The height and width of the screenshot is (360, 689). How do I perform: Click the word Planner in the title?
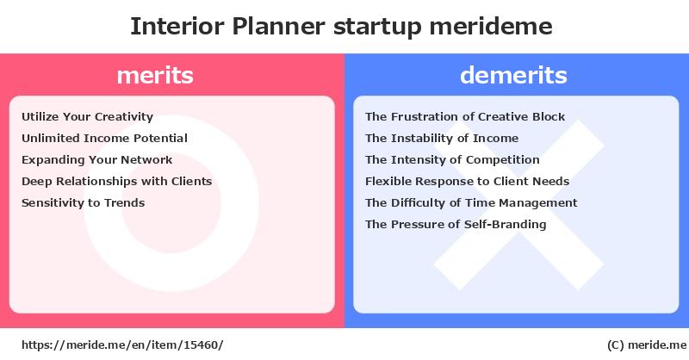pos(278,27)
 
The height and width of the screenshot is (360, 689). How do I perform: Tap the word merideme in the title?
pos(491,26)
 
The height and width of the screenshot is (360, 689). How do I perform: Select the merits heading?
pos(155,75)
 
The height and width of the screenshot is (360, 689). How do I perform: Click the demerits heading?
pos(513,75)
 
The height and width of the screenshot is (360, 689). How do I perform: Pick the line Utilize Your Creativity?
pos(88,117)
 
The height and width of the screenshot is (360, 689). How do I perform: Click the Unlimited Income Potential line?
pos(104,138)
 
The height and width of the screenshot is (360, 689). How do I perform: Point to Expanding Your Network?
pos(97,160)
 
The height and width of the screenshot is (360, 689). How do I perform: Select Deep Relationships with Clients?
pos(117,182)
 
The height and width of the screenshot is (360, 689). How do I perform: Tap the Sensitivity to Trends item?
pos(83,202)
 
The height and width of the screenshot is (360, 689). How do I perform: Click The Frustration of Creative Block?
pos(465,116)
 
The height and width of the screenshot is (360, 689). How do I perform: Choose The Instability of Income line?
pos(442,139)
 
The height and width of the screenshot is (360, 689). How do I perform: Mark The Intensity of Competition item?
pos(452,160)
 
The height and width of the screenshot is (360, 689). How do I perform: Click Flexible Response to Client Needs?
pos(467,181)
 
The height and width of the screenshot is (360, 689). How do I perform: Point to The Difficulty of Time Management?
pos(471,202)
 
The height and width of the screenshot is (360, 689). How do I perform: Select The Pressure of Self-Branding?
pos(456,224)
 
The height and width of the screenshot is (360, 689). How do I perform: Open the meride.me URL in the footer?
pos(122,345)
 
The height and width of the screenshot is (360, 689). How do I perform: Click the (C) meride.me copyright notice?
pos(647,345)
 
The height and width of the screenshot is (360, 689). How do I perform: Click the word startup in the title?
pos(377,28)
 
